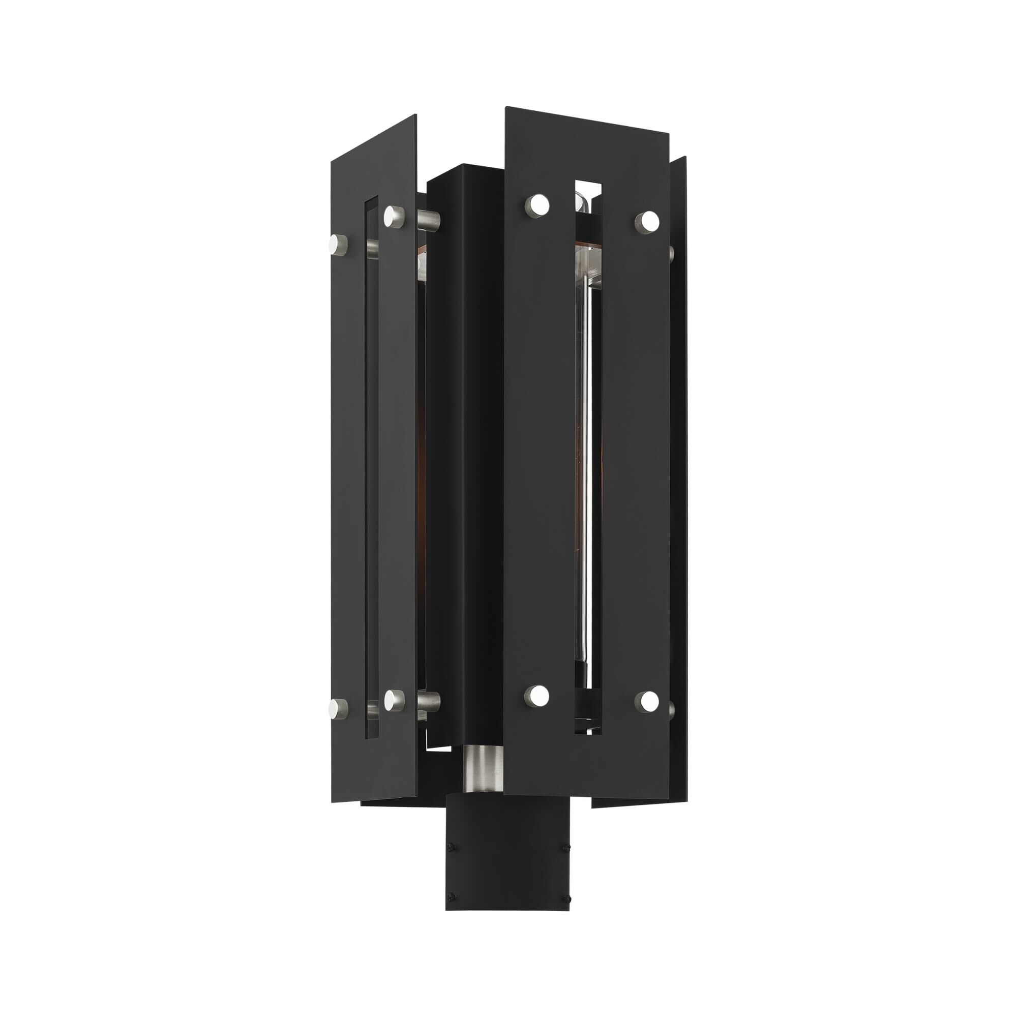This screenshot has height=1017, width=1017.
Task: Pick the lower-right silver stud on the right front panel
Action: pos(647,701)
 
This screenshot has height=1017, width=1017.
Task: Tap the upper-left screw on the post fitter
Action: pos(451,831)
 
